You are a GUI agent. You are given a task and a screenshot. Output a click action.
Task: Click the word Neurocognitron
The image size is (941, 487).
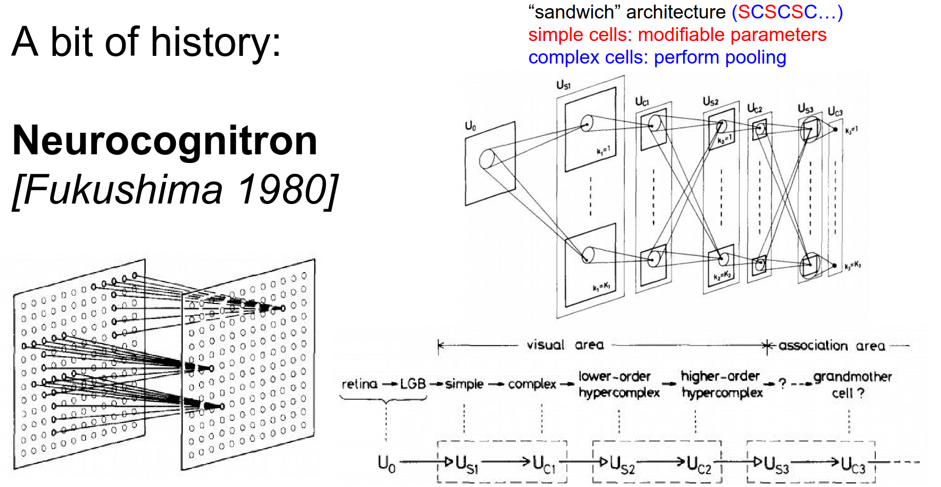coord(165,140)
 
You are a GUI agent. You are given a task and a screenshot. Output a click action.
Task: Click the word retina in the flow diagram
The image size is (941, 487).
coord(359,384)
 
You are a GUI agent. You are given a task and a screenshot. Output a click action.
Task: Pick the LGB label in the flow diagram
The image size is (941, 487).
coord(413,384)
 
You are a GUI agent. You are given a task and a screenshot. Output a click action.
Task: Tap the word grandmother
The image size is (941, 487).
coord(852,377)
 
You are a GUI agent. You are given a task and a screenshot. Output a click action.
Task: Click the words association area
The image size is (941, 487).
coord(832,346)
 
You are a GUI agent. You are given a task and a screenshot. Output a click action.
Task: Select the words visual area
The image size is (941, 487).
coord(565,345)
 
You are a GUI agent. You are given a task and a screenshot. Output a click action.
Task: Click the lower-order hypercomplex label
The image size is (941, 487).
coord(618,384)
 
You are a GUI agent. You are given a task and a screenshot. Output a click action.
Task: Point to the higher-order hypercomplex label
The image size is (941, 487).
coord(722,384)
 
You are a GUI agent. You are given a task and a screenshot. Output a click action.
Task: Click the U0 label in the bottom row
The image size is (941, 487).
coord(386,463)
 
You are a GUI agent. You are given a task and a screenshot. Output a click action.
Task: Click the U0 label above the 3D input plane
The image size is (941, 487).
coord(470,126)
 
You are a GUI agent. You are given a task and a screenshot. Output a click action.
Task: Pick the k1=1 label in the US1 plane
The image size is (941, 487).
coord(603,151)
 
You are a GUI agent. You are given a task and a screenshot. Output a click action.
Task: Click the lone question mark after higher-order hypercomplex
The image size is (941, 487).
coord(783,383)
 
